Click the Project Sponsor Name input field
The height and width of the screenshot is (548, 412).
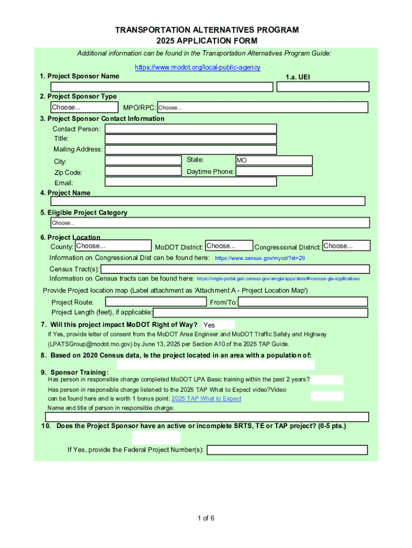click(162, 87)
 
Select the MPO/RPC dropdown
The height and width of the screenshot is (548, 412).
click(262, 108)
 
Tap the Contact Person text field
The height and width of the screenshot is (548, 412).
click(190, 128)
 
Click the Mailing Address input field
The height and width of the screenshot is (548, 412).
click(190, 150)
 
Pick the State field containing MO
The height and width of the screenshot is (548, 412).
click(274, 160)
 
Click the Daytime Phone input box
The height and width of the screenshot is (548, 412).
click(274, 171)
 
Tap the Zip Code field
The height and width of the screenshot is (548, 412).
click(143, 171)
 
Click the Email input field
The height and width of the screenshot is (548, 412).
click(190, 181)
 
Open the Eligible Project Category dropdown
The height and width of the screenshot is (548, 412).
click(210, 223)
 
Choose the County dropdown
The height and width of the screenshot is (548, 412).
click(112, 246)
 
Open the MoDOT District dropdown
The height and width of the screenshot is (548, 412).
click(228, 246)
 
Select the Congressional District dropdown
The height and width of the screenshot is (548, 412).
click(346, 246)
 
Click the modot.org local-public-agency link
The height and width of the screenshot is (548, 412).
click(198, 67)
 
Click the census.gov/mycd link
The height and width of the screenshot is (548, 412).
click(260, 258)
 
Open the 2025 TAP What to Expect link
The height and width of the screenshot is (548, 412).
click(207, 399)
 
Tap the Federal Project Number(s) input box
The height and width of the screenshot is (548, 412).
click(287, 450)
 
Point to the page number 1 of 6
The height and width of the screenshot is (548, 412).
click(206, 518)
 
